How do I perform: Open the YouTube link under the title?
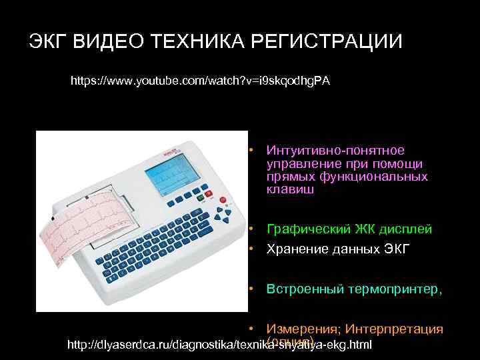pos(200,81)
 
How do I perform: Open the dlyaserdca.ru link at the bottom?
pos(220,345)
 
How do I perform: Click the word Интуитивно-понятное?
pos(335,151)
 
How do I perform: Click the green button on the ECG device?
pos(199,196)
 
